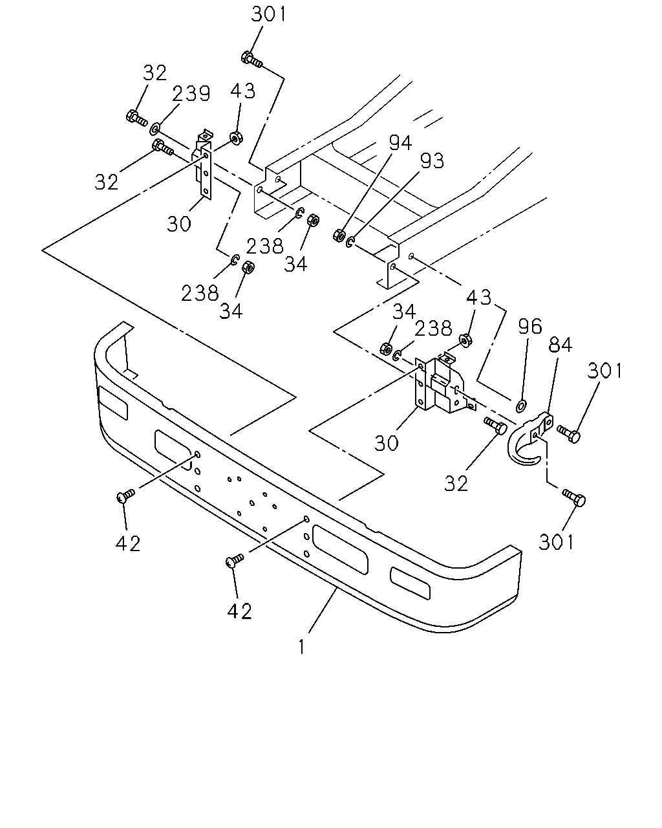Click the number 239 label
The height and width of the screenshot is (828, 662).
pyautogui.click(x=191, y=93)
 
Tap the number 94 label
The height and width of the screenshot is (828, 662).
pyautogui.click(x=400, y=142)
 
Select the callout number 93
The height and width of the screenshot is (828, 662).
pyautogui.click(x=432, y=161)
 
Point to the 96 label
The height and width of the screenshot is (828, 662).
pyautogui.click(x=529, y=326)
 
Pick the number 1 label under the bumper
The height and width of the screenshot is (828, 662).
pyautogui.click(x=301, y=647)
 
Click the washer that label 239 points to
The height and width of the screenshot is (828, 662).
pyautogui.click(x=155, y=128)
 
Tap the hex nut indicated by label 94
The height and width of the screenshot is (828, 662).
pyautogui.click(x=339, y=235)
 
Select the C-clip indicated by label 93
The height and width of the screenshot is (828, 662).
pyautogui.click(x=350, y=242)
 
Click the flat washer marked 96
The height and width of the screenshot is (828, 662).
pyautogui.click(x=522, y=405)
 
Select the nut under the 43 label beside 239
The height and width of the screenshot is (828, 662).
pyautogui.click(x=235, y=138)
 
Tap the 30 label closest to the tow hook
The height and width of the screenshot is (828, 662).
pyautogui.click(x=386, y=443)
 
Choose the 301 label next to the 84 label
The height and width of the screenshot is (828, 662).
pyautogui.click(x=604, y=371)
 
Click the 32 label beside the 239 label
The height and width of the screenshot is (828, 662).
pyautogui.click(x=155, y=72)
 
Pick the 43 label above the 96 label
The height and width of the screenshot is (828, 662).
pyautogui.click(x=479, y=297)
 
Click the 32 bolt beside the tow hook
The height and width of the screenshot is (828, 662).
pyautogui.click(x=495, y=426)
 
